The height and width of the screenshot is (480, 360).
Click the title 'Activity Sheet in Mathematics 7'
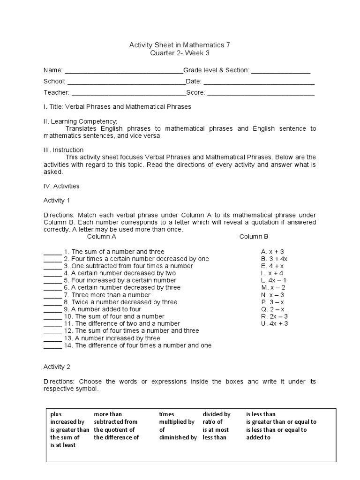click(180, 45)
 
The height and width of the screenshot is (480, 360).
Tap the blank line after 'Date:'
click(259, 82)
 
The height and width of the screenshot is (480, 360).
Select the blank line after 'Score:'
click(261, 94)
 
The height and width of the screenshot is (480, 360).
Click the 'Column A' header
click(102, 237)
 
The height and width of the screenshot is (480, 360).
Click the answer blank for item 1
click(52, 253)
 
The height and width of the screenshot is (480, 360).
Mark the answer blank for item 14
click(52, 346)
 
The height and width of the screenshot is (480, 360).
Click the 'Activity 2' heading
click(57, 367)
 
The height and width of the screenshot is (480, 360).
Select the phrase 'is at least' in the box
click(63, 445)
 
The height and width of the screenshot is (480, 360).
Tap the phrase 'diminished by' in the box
click(178, 437)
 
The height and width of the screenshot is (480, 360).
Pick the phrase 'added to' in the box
click(258, 437)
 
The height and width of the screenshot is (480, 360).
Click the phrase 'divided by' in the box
click(216, 414)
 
